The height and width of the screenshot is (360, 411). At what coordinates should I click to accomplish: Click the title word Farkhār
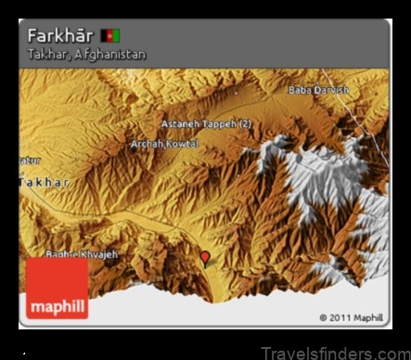tap(60, 35)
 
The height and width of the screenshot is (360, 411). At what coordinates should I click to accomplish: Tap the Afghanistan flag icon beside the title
tap(110, 35)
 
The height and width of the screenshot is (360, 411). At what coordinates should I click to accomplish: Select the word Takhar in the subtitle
tap(45, 54)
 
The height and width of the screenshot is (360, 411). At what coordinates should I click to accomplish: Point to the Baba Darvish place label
tap(319, 90)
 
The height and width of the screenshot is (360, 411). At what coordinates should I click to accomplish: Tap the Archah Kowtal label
tap(167, 144)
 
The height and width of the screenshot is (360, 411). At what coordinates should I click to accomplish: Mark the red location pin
tap(205, 257)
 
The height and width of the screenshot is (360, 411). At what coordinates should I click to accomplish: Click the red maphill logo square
tap(58, 289)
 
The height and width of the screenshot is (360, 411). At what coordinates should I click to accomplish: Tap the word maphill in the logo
tap(58, 305)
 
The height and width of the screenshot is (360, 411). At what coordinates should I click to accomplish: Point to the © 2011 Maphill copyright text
tap(351, 317)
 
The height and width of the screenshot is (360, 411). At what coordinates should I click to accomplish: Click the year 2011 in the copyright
tap(340, 317)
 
